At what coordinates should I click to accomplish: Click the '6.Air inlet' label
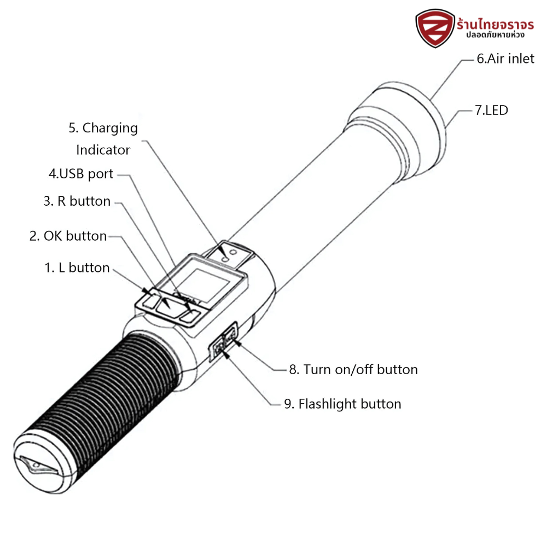tap(505, 59)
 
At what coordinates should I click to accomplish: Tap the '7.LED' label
tap(491, 110)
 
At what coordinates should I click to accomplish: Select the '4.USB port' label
tap(81, 174)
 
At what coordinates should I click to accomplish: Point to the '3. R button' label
tap(77, 201)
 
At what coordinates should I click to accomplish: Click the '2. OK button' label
tap(68, 236)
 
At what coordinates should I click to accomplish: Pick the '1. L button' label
tap(77, 268)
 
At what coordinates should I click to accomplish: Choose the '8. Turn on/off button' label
tap(353, 370)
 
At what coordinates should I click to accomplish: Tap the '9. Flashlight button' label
tap(342, 404)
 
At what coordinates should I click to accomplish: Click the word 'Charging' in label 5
tap(103, 128)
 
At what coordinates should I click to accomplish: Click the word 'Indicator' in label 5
tap(103, 150)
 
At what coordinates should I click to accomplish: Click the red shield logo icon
tap(435, 28)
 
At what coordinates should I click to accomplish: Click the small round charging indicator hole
tap(234, 253)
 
